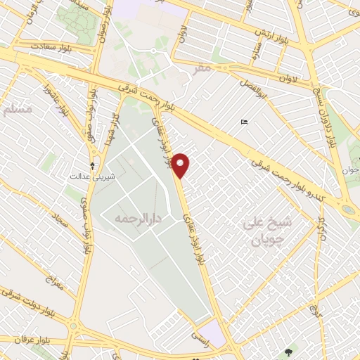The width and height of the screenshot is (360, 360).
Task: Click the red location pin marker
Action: [x=181, y=165]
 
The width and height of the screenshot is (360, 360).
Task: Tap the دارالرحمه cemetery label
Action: [x=138, y=220]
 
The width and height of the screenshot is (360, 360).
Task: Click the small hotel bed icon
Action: [x=244, y=122]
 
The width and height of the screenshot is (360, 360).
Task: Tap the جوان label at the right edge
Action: [x=350, y=169]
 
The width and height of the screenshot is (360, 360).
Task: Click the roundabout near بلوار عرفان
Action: [x=72, y=325]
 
